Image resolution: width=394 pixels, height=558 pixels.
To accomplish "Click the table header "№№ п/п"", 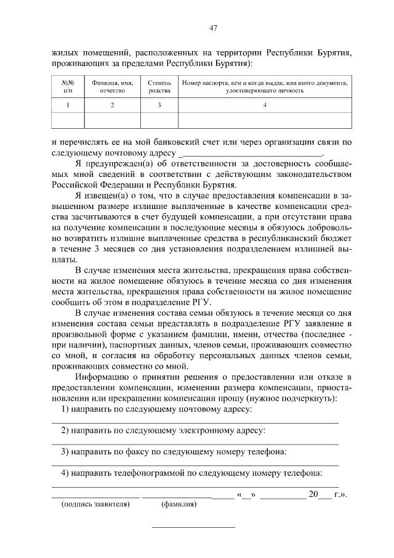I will (68, 86).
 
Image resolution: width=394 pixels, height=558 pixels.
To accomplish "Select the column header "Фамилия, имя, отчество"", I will (112, 86).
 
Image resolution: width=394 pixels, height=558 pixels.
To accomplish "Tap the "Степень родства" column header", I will (159, 86).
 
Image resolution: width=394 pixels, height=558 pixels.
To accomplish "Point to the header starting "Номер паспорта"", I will (265, 86).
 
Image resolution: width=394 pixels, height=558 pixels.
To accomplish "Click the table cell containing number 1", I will (68, 105).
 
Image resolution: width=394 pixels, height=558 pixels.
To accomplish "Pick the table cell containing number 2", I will (112, 105).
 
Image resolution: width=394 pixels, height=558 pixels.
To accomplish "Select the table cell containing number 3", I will (159, 105).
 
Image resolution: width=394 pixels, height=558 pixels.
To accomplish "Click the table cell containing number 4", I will (265, 105).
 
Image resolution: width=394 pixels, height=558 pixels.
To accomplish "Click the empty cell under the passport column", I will (265, 120).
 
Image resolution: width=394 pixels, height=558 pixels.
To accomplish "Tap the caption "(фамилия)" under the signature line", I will (179, 504).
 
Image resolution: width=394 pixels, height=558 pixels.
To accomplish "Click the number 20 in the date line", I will (313, 494).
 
